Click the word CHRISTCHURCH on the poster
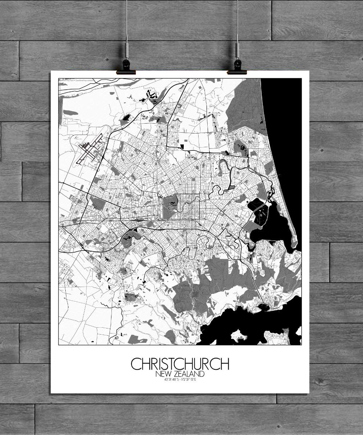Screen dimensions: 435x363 (180, 364)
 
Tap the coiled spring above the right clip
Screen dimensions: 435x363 (237, 49)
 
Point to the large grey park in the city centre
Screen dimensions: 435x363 (170, 207)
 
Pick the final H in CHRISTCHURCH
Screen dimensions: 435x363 (224, 364)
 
